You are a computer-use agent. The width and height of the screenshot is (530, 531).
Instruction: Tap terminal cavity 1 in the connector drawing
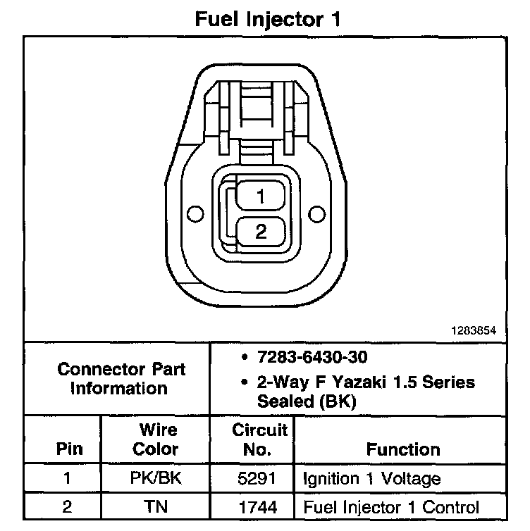tap(261, 197)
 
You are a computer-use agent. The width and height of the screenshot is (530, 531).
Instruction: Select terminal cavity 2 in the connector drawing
tap(261, 232)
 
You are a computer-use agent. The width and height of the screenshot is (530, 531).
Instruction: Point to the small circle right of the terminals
tap(316, 213)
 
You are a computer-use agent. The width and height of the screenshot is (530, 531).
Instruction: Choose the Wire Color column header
tap(156, 439)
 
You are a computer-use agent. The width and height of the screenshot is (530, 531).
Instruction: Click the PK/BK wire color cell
tap(156, 480)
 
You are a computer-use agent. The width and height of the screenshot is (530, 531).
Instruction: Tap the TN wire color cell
tap(156, 507)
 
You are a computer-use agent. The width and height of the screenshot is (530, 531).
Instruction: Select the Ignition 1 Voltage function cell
tap(371, 480)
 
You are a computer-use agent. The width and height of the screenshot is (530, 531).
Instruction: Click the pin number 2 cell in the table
tap(68, 507)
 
